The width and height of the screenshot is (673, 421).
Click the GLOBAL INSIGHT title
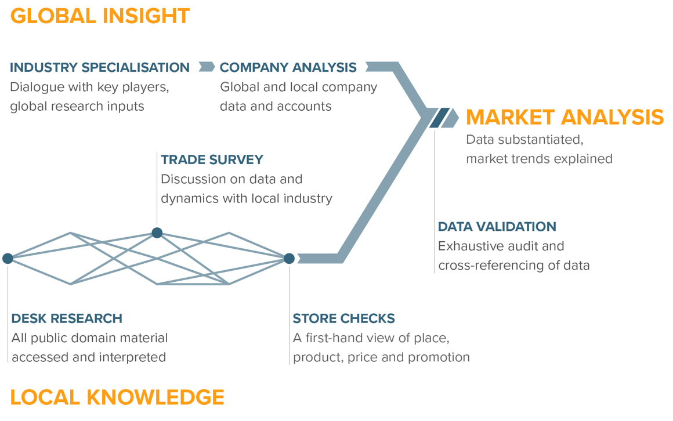[100, 16]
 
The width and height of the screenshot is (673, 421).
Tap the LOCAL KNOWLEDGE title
[117, 397]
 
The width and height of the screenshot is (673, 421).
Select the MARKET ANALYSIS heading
[565, 117]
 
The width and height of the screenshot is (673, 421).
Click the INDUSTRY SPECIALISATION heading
[100, 67]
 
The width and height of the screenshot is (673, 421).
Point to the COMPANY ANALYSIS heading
[288, 67]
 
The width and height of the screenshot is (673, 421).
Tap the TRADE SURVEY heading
[212, 159]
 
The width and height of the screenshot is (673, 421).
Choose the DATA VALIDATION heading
[497, 226]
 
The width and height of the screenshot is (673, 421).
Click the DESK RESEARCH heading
[67, 318]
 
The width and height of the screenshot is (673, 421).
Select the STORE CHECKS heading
[343, 318]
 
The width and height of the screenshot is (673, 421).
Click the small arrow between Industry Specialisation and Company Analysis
[206, 67]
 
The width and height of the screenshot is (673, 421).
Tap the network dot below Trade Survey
[157, 233]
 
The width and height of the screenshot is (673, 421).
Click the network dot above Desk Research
[8, 258]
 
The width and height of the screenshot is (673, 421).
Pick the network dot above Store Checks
[289, 258]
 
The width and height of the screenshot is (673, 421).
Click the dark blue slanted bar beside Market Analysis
[439, 118]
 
